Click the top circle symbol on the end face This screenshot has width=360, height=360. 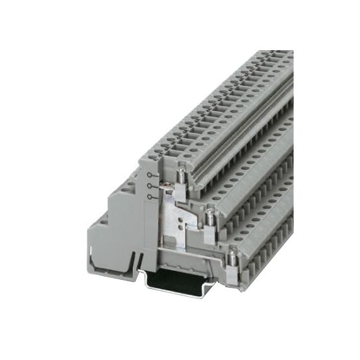pyautogui.click(x=151, y=176)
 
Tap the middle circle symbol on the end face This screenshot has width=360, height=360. pyautogui.click(x=151, y=186)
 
